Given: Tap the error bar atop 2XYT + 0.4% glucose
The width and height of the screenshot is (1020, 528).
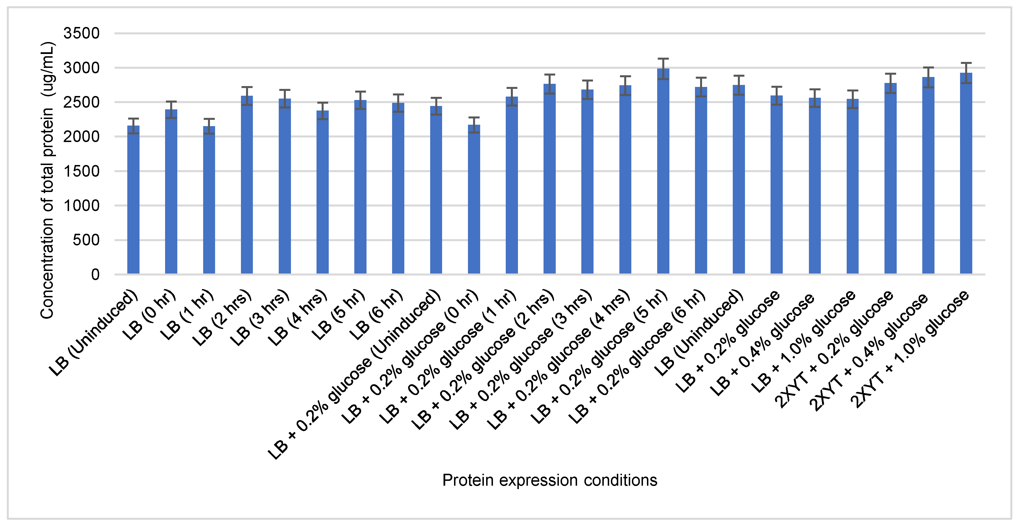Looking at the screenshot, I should point(928,77).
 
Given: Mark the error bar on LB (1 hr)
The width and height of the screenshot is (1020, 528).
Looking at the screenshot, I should point(209,126).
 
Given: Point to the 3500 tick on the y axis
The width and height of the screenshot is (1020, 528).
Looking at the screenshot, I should point(82,33).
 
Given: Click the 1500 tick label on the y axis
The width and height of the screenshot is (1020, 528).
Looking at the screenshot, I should point(82,171).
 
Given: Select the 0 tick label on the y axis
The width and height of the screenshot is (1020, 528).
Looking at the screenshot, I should point(95,275).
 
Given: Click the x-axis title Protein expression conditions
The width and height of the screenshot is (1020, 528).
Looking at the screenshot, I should point(549,480).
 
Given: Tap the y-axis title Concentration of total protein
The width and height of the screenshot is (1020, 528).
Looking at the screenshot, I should point(47,180).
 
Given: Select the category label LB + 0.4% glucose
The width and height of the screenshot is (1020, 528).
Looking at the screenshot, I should point(762,344).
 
